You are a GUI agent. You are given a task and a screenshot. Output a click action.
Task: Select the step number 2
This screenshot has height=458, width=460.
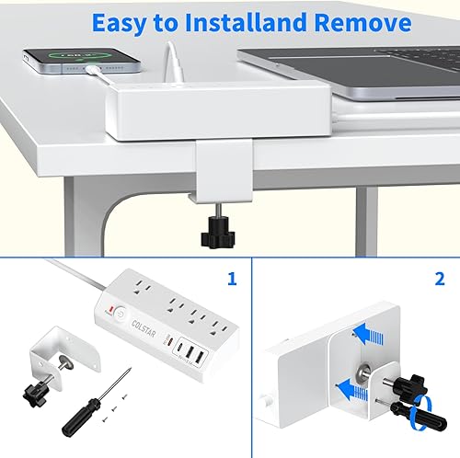tap(441, 275)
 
